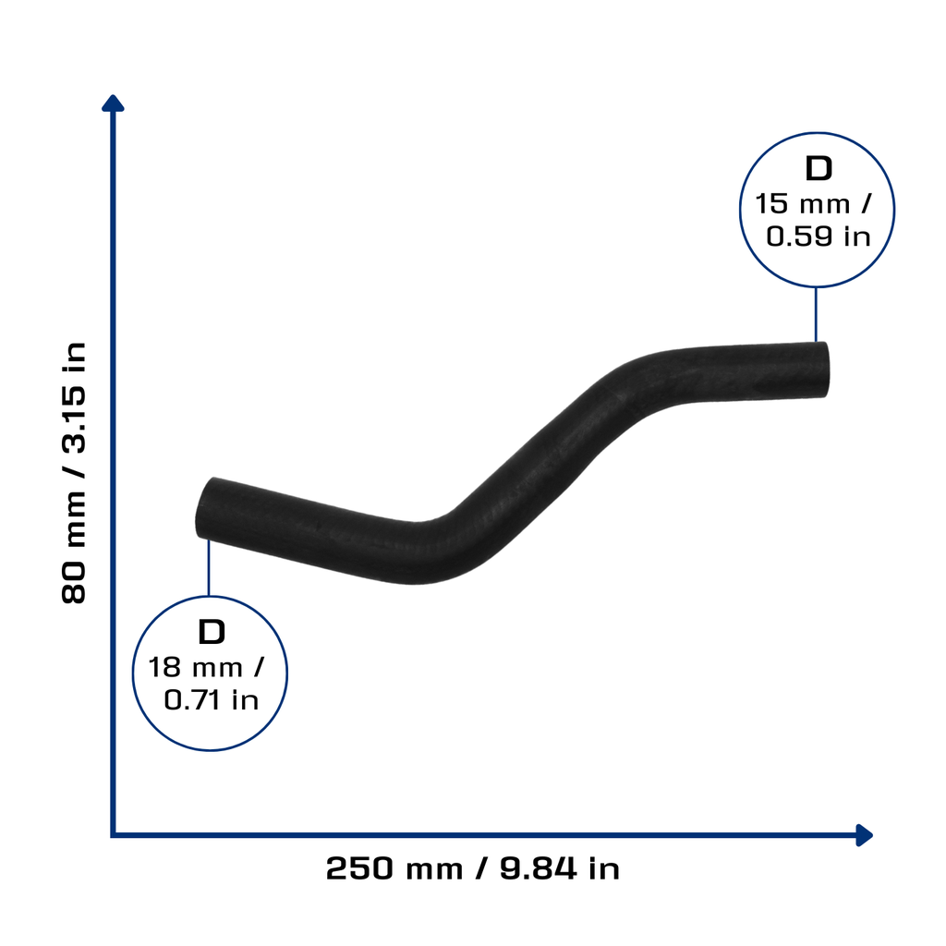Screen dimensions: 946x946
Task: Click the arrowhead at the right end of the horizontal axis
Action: [865, 835]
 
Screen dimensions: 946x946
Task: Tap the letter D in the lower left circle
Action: [212, 632]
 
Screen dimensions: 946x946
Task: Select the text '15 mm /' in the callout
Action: [813, 204]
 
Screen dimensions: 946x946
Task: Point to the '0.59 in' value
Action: [819, 236]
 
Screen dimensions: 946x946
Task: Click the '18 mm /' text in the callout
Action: [206, 667]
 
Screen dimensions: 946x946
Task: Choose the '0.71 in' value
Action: [212, 700]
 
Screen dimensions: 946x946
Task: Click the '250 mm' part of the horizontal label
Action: [394, 868]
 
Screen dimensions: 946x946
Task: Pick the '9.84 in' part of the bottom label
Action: [560, 868]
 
